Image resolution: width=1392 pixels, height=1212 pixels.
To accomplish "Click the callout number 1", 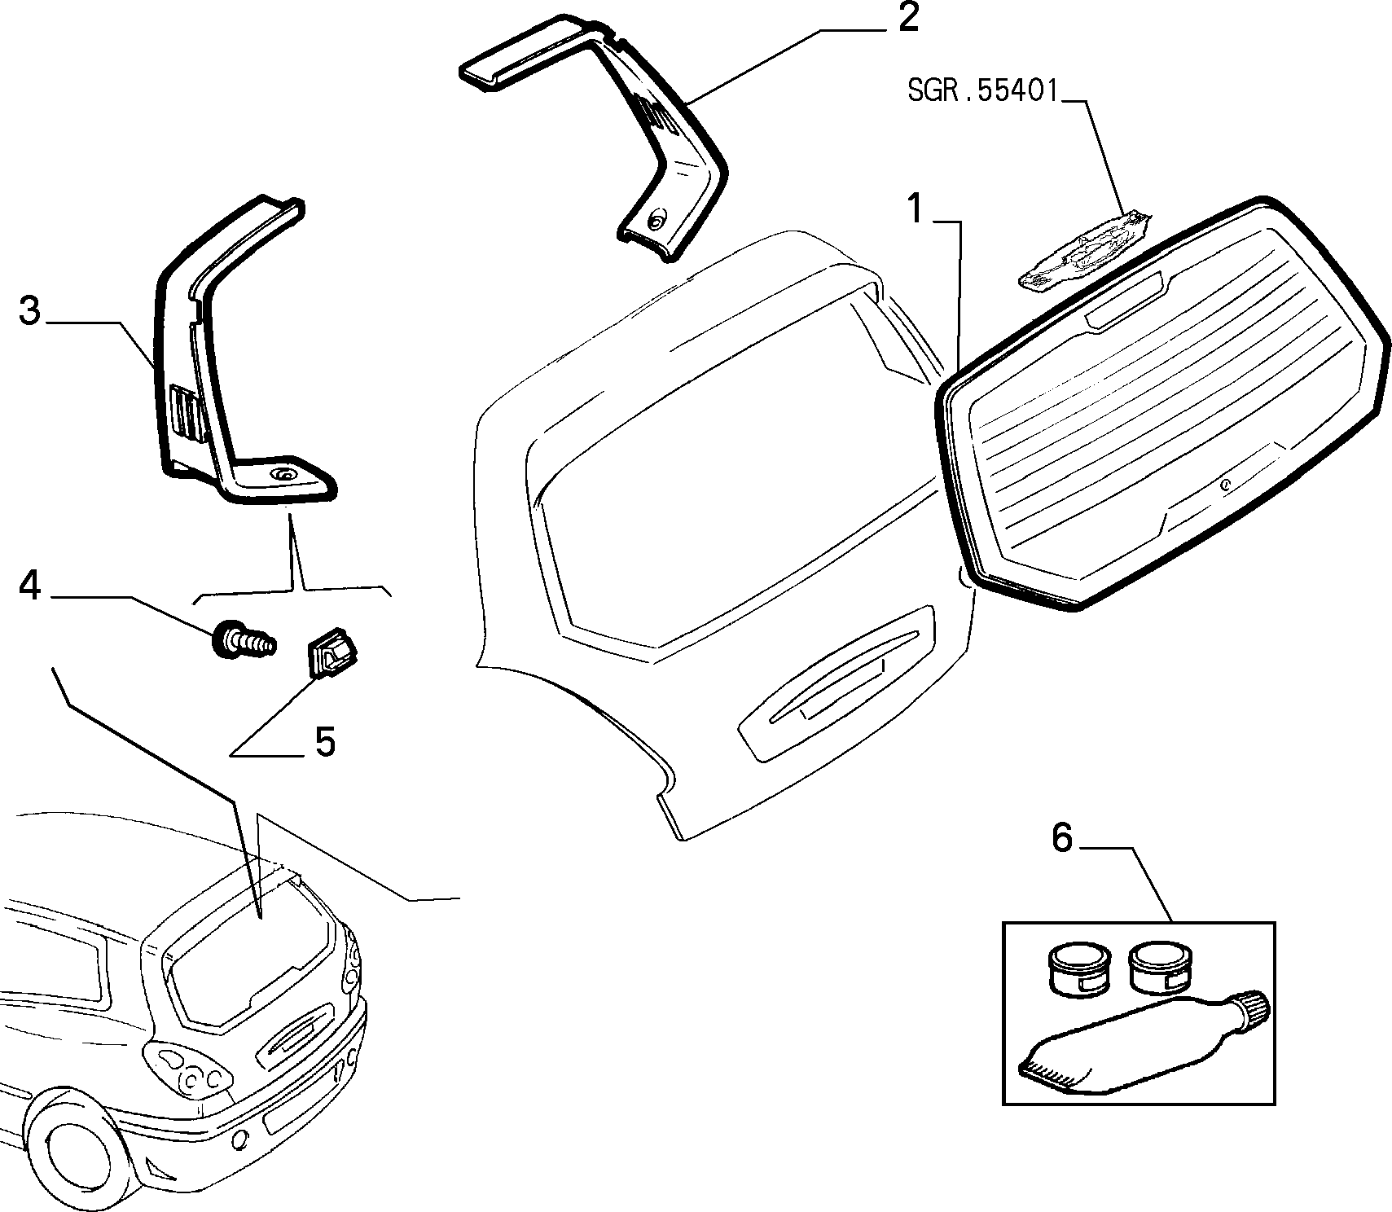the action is click(917, 210).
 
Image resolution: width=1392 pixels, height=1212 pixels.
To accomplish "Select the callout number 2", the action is click(907, 18).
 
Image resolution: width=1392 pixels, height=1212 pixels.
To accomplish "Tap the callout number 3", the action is click(29, 310).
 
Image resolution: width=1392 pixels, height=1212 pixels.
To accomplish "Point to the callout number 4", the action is click(29, 585).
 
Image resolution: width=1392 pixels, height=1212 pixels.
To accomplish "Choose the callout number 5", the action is click(325, 742).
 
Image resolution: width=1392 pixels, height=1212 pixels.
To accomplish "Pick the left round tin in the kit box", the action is click(1077, 968).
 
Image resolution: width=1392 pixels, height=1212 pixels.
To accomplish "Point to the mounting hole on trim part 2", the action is click(656, 219).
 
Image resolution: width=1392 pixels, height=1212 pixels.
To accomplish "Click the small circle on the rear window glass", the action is click(1225, 485).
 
